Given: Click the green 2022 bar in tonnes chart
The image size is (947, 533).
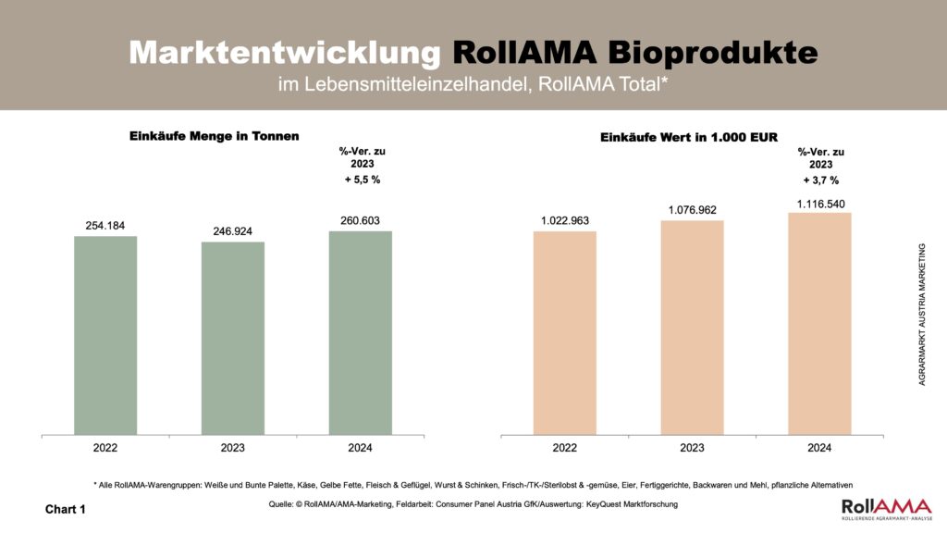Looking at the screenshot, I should pyautogui.click(x=105, y=334).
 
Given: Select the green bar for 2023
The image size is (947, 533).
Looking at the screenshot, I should pyautogui.click(x=232, y=338).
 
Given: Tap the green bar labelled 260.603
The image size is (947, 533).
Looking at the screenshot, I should pyautogui.click(x=360, y=331).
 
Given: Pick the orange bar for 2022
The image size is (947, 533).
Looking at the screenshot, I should pyautogui.click(x=564, y=331).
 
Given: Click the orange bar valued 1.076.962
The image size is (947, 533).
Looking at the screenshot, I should pyautogui.click(x=692, y=327).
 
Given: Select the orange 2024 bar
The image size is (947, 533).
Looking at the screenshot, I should pyautogui.click(x=819, y=323).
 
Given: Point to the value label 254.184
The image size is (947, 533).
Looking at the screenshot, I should pyautogui.click(x=105, y=226).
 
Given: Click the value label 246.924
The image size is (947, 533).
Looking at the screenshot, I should pyautogui.click(x=232, y=231).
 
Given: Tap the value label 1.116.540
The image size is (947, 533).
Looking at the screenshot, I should pyautogui.click(x=819, y=203).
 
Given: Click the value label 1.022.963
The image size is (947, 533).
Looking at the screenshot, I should pyautogui.click(x=564, y=220).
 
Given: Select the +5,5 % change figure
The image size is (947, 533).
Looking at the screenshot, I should pyautogui.click(x=362, y=180).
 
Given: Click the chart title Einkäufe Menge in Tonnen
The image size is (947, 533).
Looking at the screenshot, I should pyautogui.click(x=214, y=137).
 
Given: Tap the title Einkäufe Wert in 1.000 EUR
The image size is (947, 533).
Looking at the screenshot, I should pyautogui.click(x=689, y=137).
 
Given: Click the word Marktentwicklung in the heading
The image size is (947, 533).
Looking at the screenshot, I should pyautogui.click(x=285, y=53).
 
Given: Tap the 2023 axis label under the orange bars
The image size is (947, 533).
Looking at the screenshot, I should pyautogui.click(x=692, y=448).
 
